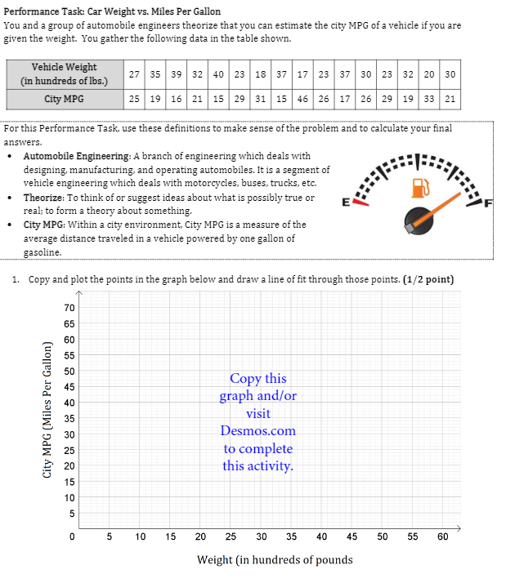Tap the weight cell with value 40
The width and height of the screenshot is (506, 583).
pyautogui.click(x=218, y=73)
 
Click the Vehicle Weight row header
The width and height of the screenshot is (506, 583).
pyautogui.click(x=64, y=73)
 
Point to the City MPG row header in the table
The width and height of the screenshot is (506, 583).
pyautogui.click(x=64, y=99)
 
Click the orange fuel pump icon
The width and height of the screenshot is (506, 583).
pyautogui.click(x=421, y=187)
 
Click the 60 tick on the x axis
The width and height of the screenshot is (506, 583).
pyautogui.click(x=442, y=536)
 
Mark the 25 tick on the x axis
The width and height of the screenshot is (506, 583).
pyautogui.click(x=231, y=536)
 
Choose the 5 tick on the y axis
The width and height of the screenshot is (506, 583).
pyautogui.click(x=71, y=514)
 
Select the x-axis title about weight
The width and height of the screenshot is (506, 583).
pyautogui.click(x=275, y=559)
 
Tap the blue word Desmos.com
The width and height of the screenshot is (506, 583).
pyautogui.click(x=257, y=430)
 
